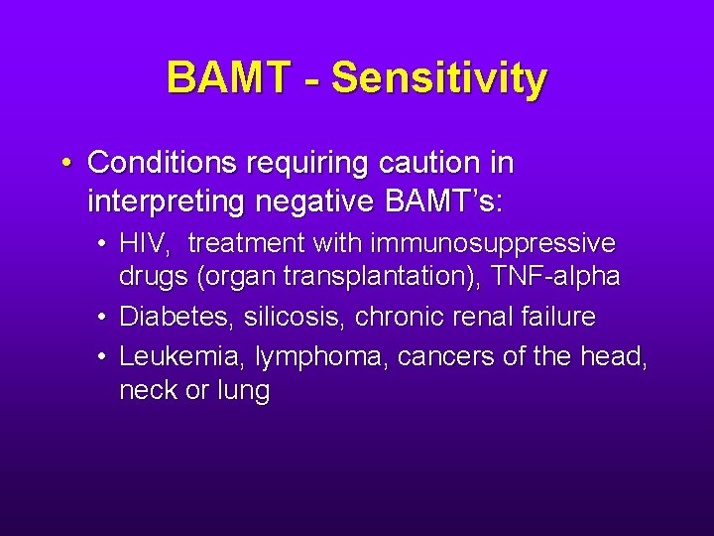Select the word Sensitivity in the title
pos(438,77)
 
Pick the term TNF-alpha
pos(559,277)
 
